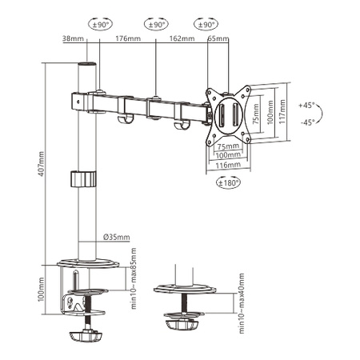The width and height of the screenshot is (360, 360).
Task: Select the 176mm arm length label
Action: coord(125,38)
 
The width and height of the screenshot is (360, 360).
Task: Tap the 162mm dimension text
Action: coord(182,38)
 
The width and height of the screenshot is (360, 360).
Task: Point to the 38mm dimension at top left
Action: coord(71,38)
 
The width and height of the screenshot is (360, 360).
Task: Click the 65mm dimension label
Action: coord(218,38)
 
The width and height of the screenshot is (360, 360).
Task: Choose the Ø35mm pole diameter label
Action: coord(116,236)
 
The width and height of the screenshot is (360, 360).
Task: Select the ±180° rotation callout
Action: coord(228,182)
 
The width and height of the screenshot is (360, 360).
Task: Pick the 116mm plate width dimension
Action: coord(228,164)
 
